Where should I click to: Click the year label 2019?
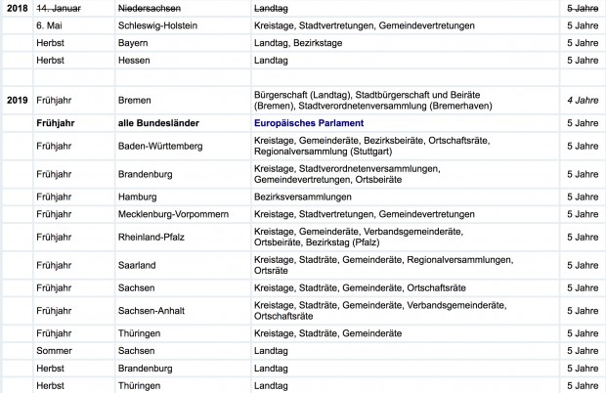coord(16,100)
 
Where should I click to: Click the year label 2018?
coord(16,8)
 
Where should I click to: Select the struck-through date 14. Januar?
coord(56,8)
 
